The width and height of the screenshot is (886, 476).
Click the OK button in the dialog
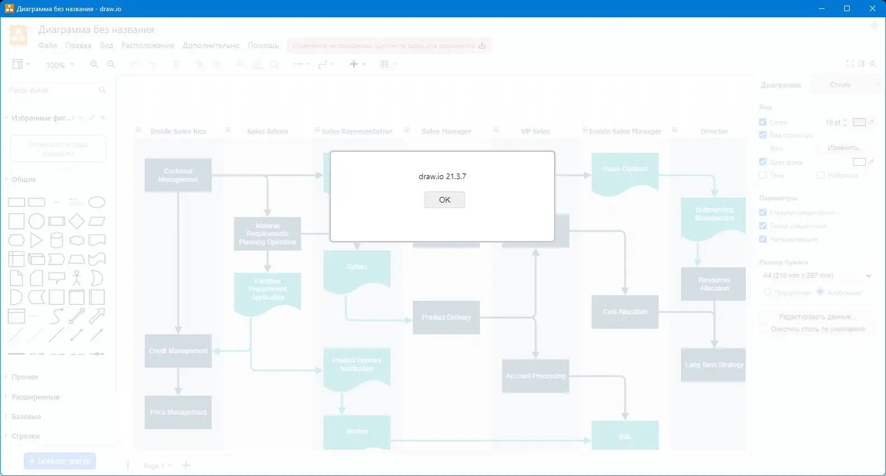pyautogui.click(x=444, y=200)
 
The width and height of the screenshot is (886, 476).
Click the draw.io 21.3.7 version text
pyautogui.click(x=442, y=176)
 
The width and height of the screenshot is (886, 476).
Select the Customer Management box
pyautogui.click(x=178, y=175)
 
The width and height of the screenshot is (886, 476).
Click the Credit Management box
pyautogui.click(x=178, y=351)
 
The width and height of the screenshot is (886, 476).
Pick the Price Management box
pyautogui.click(x=178, y=412)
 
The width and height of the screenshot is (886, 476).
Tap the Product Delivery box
pyautogui.click(x=446, y=318)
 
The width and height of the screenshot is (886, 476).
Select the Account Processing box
pyautogui.click(x=535, y=376)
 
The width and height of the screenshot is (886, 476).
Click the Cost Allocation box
pyautogui.click(x=625, y=312)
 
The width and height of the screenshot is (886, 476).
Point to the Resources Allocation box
pyautogui.click(x=713, y=284)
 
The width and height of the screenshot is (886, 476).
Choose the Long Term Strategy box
pyautogui.click(x=713, y=365)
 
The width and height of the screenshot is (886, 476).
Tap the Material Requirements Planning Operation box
pyautogui.click(x=267, y=234)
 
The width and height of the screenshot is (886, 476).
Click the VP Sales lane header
pyautogui.click(x=535, y=132)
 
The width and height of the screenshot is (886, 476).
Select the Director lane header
pyautogui.click(x=714, y=132)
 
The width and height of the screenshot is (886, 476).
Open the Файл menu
pyautogui.click(x=47, y=46)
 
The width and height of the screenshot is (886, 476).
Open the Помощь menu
pyautogui.click(x=263, y=46)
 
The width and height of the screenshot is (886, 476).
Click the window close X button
pyautogui.click(x=872, y=8)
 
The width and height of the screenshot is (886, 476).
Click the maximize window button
pyautogui.click(x=846, y=8)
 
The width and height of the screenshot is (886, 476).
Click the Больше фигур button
pyautogui.click(x=60, y=461)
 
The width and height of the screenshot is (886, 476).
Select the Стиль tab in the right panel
pyautogui.click(x=840, y=85)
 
